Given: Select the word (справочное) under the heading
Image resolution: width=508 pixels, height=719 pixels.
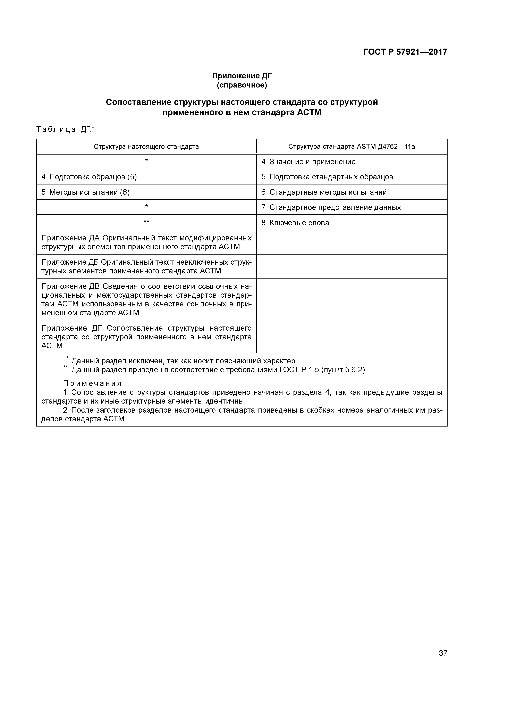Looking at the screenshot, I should point(242,85).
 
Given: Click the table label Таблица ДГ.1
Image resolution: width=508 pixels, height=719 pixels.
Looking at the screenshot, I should point(66,129).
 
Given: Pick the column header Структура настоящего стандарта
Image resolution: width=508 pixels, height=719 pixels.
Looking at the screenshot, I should point(146,147).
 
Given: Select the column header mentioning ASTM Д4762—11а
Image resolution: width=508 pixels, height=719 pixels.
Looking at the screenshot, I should point(352,147).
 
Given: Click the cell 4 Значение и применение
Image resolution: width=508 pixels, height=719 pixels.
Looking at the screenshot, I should point(308,162).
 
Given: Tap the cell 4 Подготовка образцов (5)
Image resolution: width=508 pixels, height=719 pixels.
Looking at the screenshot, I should point(89,177).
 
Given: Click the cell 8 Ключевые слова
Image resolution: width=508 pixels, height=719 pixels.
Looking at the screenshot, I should point(295,223).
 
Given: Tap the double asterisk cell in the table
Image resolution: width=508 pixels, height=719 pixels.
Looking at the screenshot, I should point(146,222).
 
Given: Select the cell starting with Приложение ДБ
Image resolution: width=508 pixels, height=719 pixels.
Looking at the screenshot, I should point(146,266).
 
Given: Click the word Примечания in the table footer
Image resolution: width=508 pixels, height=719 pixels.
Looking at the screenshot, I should point(92,384).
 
